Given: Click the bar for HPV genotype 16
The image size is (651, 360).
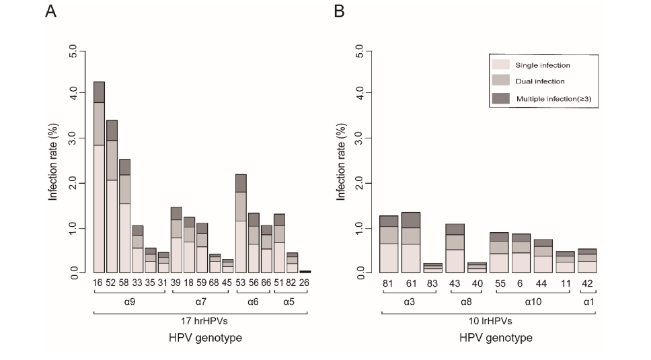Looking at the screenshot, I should tap(99, 178).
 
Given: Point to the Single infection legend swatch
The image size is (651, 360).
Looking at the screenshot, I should tap(501, 65).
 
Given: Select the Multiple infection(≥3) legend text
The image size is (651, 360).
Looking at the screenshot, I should tap(553, 100).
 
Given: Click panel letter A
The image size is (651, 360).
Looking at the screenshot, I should tap(50, 12).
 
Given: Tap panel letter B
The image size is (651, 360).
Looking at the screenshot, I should tap(339, 12).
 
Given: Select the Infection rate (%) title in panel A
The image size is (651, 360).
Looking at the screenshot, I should tap(53, 161).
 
